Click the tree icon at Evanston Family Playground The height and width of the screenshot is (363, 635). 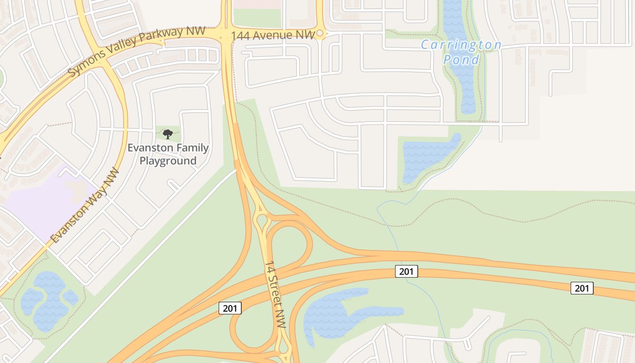coord(168,134)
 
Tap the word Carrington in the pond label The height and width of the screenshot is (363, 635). coord(461,45)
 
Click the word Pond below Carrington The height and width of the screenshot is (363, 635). coord(461,59)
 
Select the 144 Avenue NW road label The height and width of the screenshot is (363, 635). coord(273,35)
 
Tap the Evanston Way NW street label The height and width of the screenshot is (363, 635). coord(85,205)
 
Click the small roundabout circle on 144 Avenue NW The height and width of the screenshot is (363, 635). coord(320,33)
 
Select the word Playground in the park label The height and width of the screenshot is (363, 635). coord(168,161)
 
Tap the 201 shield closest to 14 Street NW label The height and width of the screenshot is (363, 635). coord(230,309)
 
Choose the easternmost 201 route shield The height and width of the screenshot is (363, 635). coord(582,288)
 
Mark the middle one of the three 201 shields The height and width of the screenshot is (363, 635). coord(406,272)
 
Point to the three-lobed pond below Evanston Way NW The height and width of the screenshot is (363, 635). coord(45,299)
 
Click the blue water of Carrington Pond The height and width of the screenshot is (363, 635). coord(463,86)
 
